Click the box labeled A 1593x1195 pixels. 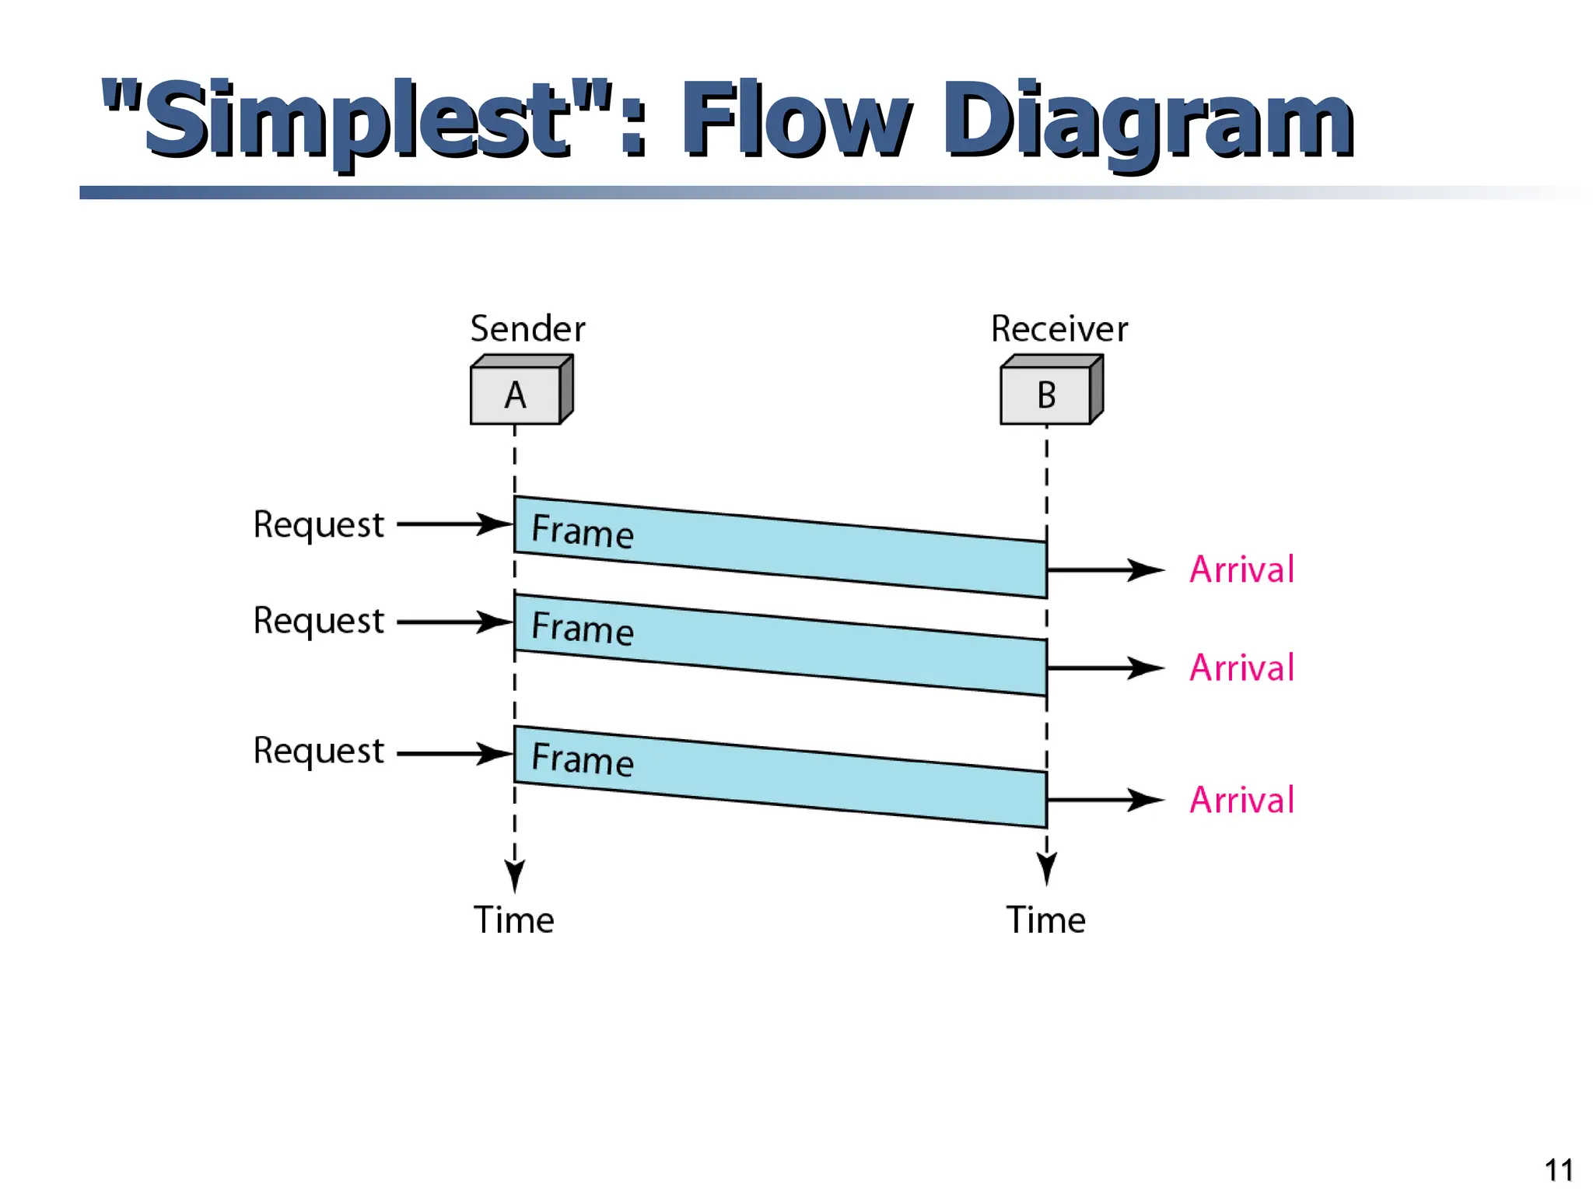click(x=516, y=395)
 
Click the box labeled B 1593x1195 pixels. click(x=1046, y=395)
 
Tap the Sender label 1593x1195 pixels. click(x=527, y=329)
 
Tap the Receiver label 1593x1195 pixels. click(x=1059, y=329)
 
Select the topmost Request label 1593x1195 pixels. click(x=319, y=525)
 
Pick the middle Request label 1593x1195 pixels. click(x=319, y=622)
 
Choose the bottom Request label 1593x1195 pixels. click(x=319, y=752)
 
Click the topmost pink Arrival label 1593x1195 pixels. click(x=1242, y=569)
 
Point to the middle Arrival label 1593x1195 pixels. click(x=1242, y=668)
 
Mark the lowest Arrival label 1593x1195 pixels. click(x=1242, y=800)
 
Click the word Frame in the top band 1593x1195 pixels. click(x=583, y=532)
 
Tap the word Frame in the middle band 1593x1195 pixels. click(x=583, y=628)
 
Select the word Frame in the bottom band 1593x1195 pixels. click(x=583, y=759)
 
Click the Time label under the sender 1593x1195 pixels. click(x=514, y=920)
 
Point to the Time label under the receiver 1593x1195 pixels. click(x=1046, y=920)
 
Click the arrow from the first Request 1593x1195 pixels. click(x=454, y=524)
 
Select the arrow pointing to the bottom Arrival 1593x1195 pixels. click(x=1105, y=800)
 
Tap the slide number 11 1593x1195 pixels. click(x=1558, y=1170)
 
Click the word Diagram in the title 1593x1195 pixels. click(x=1147, y=121)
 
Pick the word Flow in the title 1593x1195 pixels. click(x=793, y=121)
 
